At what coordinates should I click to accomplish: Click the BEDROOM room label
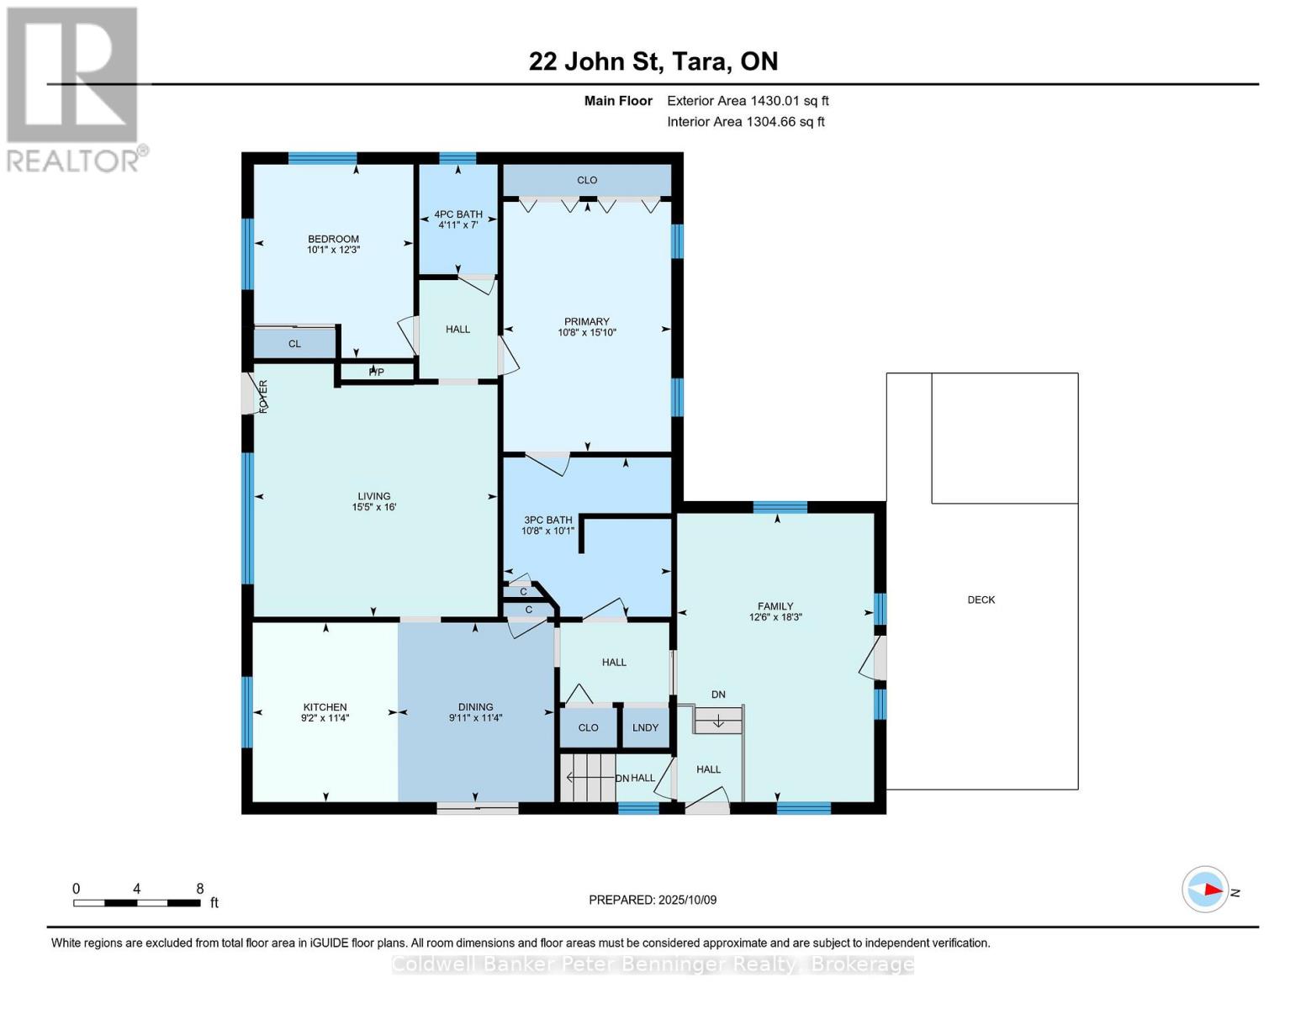[x=333, y=239]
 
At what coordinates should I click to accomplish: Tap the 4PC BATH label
[x=458, y=214]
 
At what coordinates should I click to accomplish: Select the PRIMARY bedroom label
[x=587, y=321]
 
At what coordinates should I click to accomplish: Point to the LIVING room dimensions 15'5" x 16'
[x=374, y=507]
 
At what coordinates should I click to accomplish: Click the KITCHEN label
[x=325, y=707]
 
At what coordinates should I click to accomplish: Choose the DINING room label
[x=475, y=707]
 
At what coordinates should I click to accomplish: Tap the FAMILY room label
[x=775, y=606]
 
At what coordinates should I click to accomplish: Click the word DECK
[x=981, y=600]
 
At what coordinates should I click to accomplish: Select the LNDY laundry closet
[x=646, y=728]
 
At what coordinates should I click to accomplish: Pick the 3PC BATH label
[x=548, y=520]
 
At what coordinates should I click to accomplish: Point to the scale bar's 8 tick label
[x=200, y=888]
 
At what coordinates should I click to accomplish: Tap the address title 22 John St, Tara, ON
[x=653, y=61]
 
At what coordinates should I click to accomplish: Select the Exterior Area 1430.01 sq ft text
[x=748, y=101]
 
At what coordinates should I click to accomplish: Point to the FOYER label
[x=263, y=397]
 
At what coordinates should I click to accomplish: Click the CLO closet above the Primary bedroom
[x=587, y=180]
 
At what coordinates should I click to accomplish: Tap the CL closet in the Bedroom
[x=294, y=344]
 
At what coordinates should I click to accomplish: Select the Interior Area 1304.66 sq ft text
[x=746, y=122]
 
